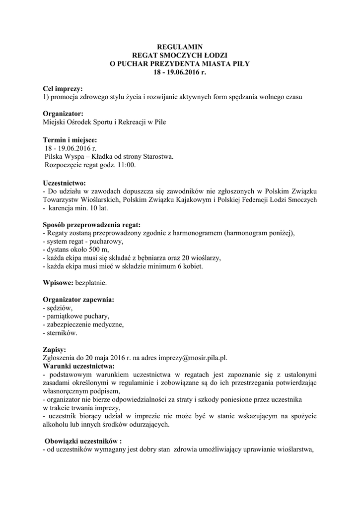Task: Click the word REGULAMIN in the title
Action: click(180, 47)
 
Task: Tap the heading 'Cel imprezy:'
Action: click(63, 88)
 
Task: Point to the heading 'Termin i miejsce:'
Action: click(70, 140)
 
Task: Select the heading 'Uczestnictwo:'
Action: click(65, 183)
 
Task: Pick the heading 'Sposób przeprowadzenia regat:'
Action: click(91, 224)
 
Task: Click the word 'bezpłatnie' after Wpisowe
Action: click(90, 283)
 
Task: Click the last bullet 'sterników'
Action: click(62, 333)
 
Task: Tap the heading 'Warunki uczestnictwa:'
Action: click(78, 366)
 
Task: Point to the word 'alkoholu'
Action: click(56, 425)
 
